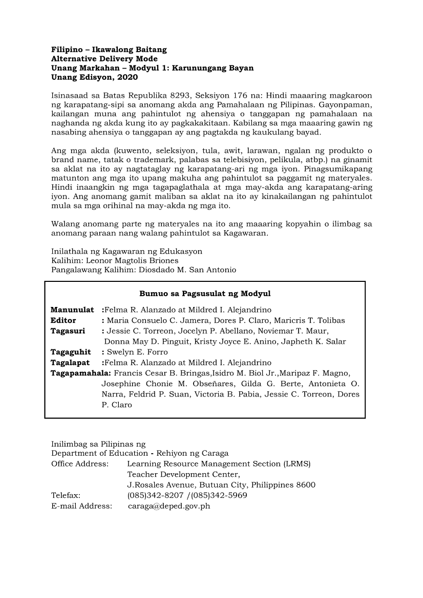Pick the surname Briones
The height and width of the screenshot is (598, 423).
point(163,260)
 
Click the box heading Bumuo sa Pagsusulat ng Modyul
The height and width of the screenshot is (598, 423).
point(205,294)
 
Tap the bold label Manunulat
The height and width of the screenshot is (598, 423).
point(72,309)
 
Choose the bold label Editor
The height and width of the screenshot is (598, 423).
point(63,320)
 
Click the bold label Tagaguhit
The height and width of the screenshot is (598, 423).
point(71,352)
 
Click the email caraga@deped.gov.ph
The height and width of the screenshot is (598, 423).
point(169,506)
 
